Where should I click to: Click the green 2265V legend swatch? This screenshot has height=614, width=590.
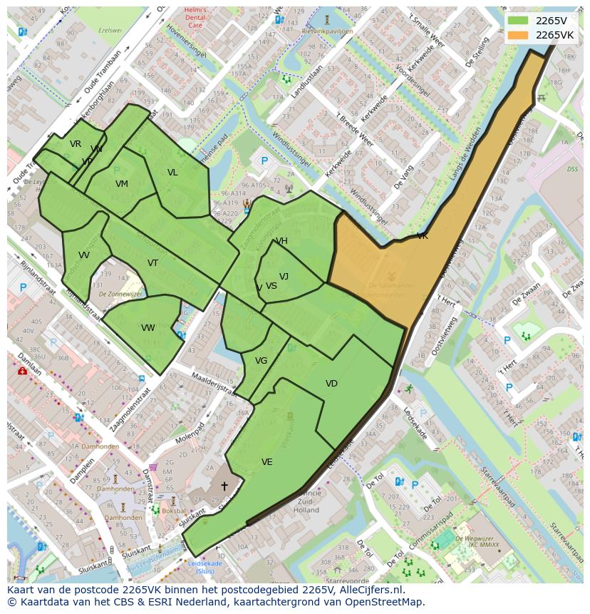point(519,21)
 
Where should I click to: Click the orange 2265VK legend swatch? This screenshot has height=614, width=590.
point(519,35)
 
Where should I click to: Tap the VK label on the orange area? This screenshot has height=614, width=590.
point(423,236)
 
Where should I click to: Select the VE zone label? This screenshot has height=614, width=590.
point(266,462)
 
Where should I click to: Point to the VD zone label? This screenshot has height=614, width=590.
point(331,384)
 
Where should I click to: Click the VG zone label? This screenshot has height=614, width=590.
point(261,361)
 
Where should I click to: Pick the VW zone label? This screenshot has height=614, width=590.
point(147,328)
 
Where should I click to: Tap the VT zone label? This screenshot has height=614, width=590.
point(152,263)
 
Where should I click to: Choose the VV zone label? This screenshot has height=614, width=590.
point(84,255)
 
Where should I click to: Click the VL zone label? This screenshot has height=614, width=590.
point(172,173)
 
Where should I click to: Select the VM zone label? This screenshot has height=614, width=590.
point(122,184)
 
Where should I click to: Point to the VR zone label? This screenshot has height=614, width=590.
point(76,144)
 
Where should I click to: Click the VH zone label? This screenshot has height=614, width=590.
point(282,241)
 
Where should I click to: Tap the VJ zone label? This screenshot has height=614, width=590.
point(284,277)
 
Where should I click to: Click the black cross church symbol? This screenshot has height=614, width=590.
point(224,486)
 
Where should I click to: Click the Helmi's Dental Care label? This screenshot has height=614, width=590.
point(194,19)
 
